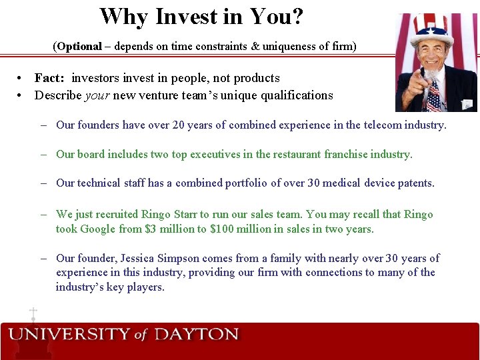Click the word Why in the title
click(124, 17)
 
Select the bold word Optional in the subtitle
click(79, 47)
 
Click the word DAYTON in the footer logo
click(196, 334)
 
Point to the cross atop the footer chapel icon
click(33, 311)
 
